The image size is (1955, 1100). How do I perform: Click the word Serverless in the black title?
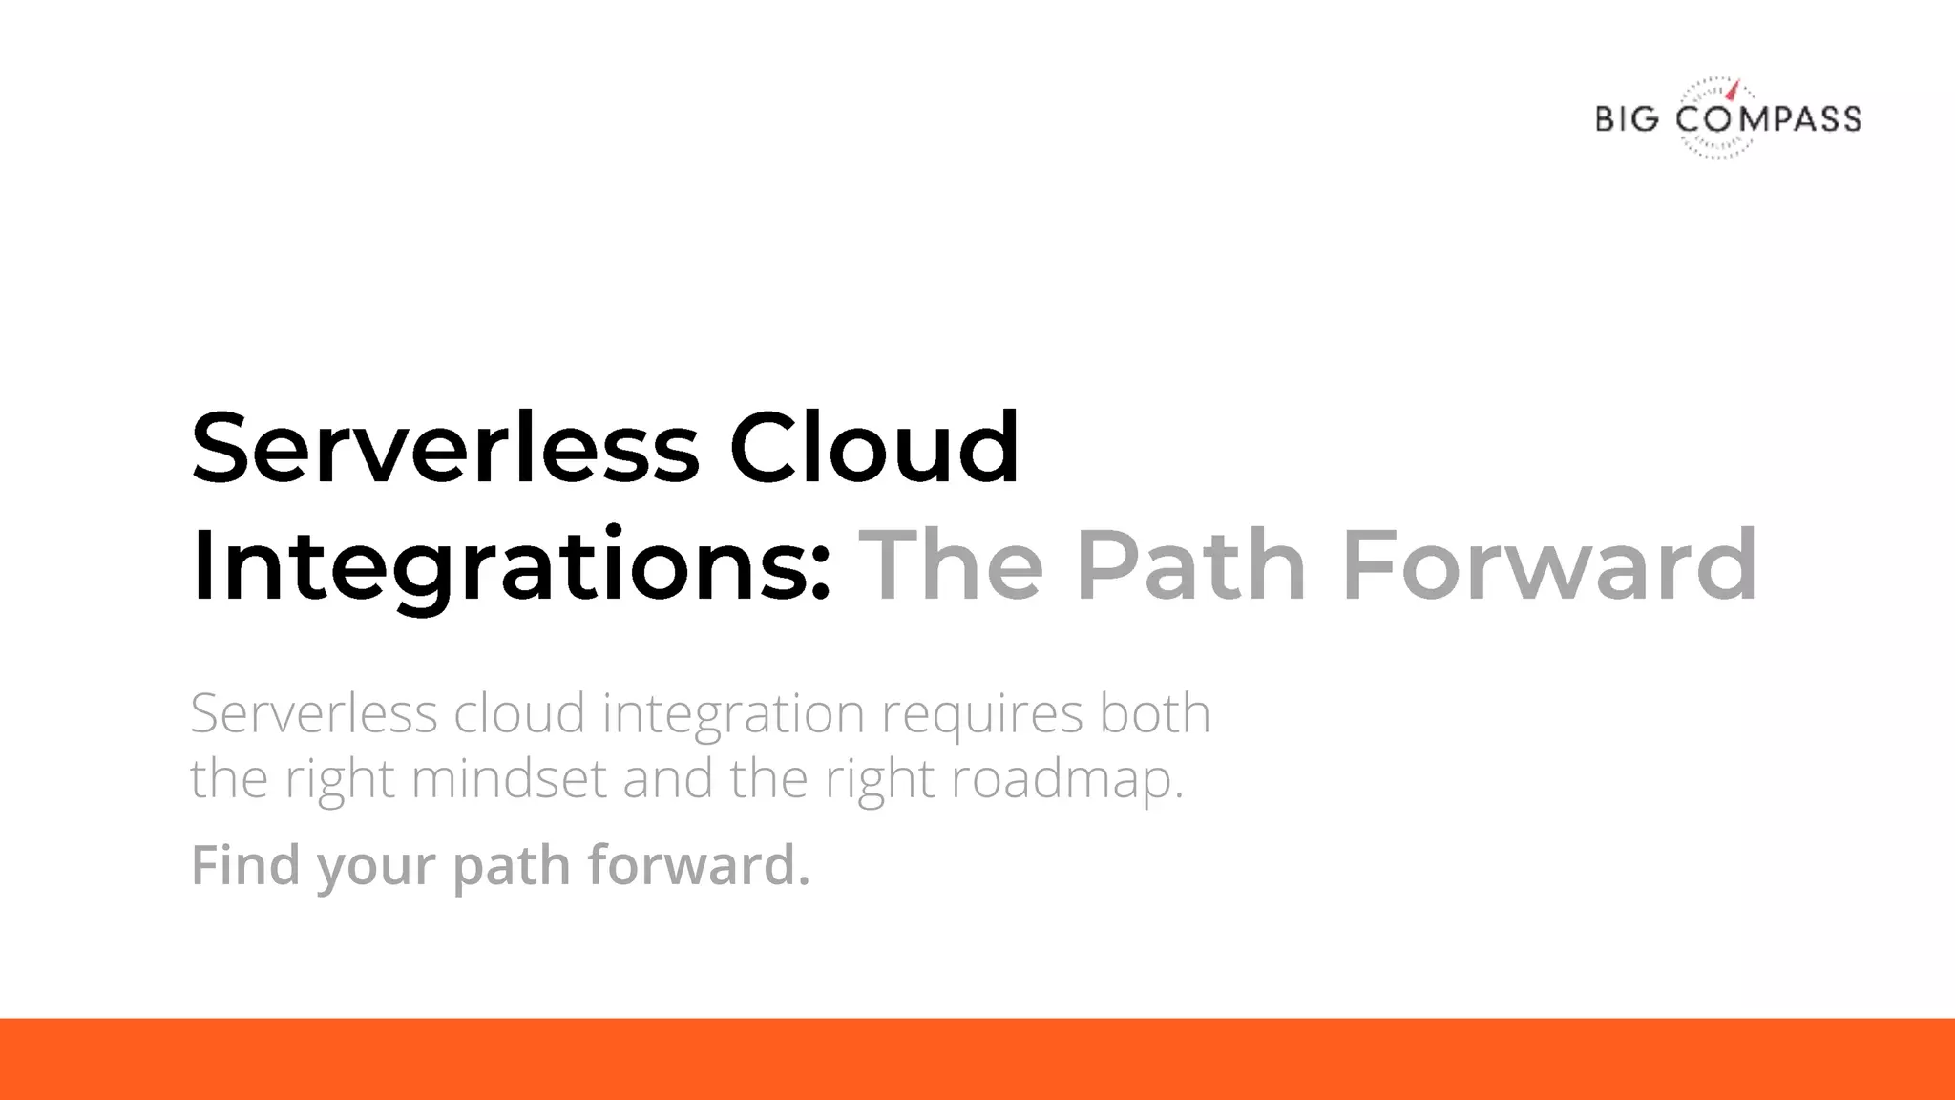[445, 447]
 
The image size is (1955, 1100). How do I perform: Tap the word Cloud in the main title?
[874, 447]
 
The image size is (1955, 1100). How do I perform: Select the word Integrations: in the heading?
[512, 565]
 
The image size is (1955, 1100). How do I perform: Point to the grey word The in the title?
[951, 565]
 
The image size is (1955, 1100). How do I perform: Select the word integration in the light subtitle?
[733, 714]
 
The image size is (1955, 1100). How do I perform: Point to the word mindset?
[509, 778]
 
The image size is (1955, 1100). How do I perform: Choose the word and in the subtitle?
[667, 778]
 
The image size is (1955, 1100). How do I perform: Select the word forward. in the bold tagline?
[698, 864]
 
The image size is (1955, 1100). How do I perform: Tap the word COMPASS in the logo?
[1769, 119]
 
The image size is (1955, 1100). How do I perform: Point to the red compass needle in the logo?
[1734, 91]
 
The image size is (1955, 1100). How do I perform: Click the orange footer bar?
[977, 1059]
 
